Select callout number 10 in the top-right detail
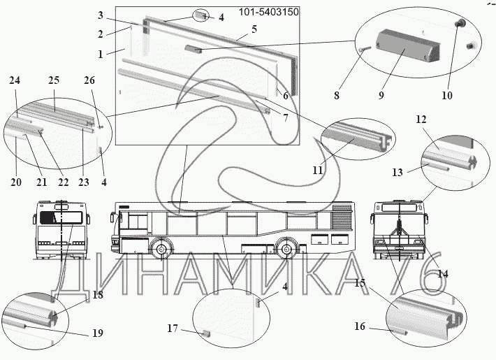click(x=447, y=95)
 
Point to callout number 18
click(x=97, y=294)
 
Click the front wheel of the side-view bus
click(x=161, y=250)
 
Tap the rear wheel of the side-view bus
click(x=286, y=250)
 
